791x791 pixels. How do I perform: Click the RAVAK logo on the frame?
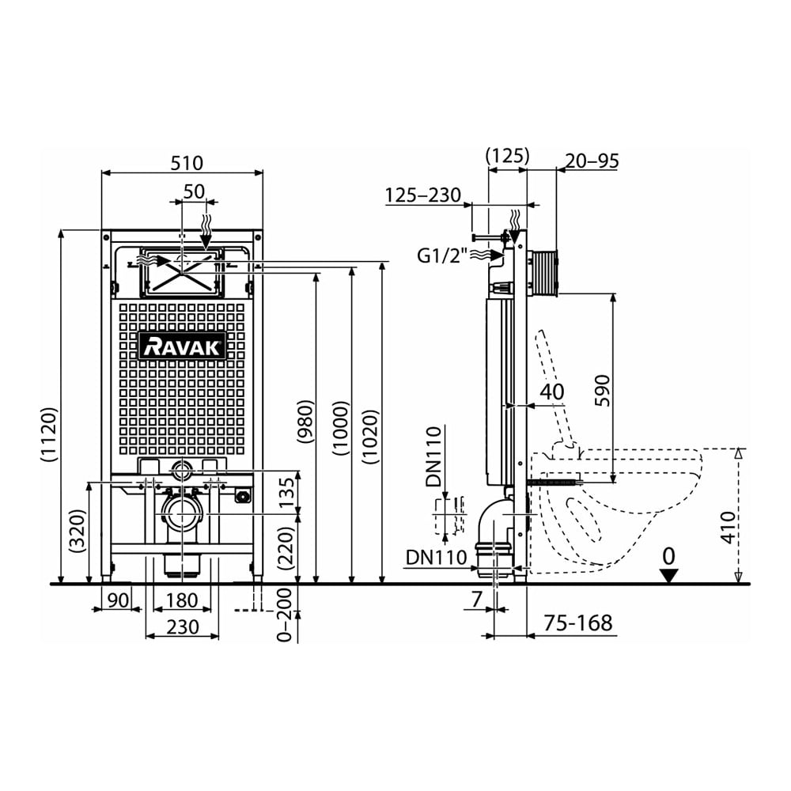(x=182, y=346)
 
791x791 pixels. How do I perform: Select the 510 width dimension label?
(x=187, y=163)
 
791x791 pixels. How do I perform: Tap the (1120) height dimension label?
(x=49, y=435)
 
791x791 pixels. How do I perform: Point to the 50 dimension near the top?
(x=195, y=191)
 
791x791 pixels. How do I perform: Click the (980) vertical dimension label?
(x=305, y=422)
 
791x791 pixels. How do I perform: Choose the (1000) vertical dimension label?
(x=341, y=428)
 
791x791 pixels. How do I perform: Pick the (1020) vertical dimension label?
(x=370, y=437)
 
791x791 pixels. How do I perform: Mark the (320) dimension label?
(x=77, y=531)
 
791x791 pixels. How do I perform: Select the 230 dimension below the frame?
(x=183, y=627)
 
